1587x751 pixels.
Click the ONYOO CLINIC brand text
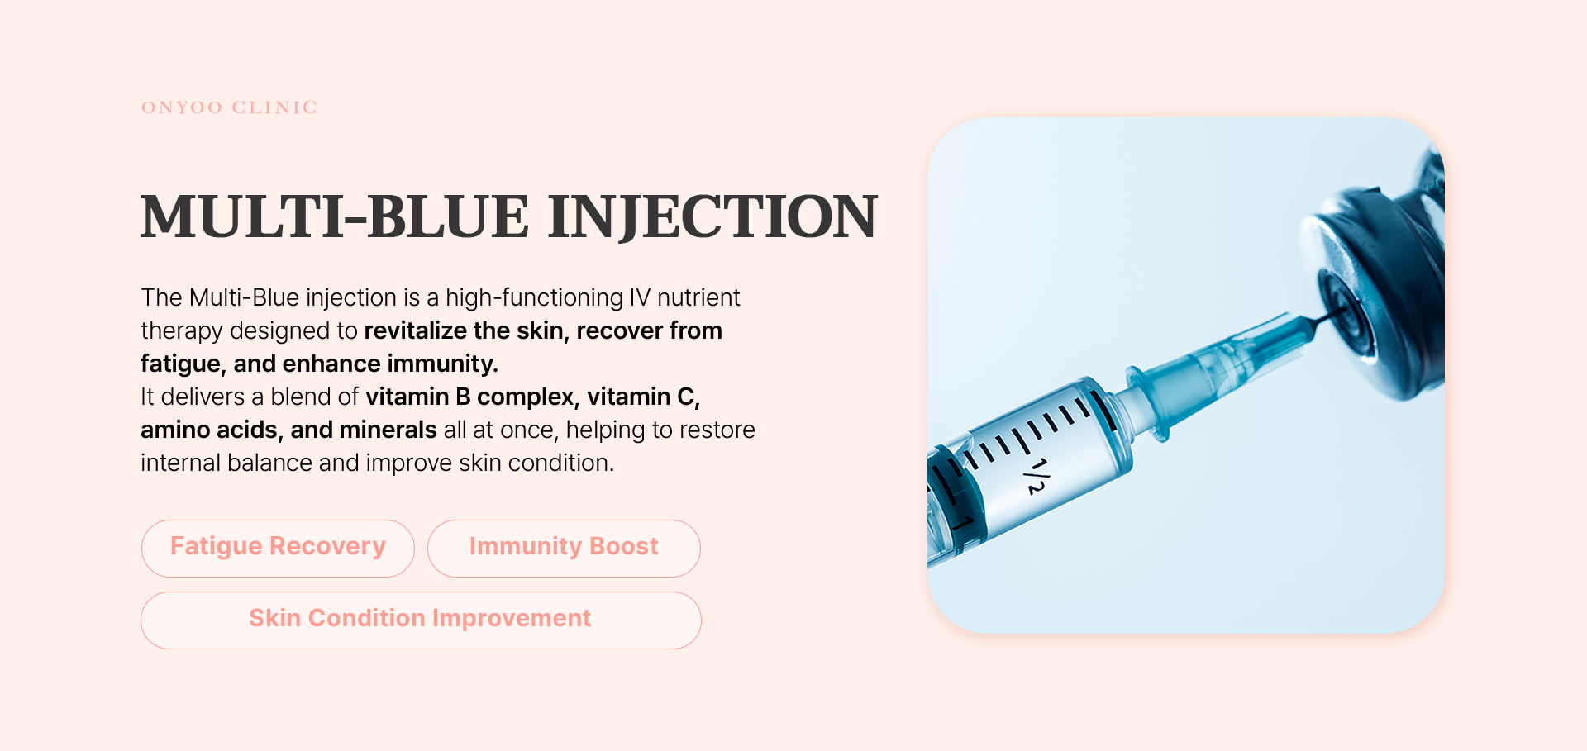[230, 107]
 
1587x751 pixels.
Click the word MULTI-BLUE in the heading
[335, 217]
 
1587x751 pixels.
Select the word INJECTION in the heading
[712, 217]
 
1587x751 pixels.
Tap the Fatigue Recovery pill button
[278, 548]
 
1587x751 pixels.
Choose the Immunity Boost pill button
[564, 548]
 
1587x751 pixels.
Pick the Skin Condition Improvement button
[421, 620]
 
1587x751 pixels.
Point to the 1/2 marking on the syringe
[1035, 477]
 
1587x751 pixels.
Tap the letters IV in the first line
[641, 297]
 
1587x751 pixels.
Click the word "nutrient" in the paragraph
[698, 297]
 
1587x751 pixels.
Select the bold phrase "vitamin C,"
[644, 397]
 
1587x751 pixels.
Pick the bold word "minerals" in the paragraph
[388, 430]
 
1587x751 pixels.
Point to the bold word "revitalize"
[416, 331]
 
